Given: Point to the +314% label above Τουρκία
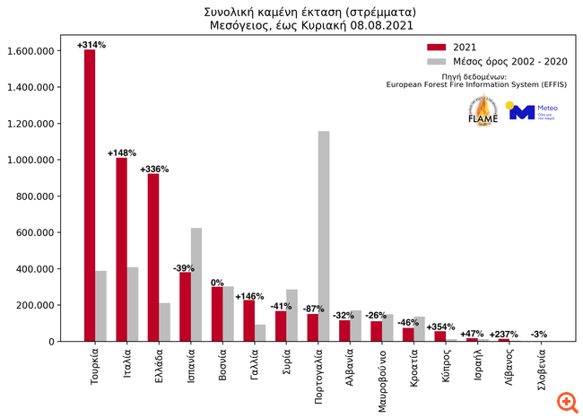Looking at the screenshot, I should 91,44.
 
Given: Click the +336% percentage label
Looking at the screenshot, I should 154,168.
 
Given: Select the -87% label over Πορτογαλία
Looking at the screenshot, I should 313,309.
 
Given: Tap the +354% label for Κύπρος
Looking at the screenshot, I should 441,327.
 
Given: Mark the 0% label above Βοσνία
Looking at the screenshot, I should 217,283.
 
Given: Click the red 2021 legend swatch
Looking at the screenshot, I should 436,47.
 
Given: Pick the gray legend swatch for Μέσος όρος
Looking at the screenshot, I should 436,61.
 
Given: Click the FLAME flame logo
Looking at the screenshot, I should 483,110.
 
